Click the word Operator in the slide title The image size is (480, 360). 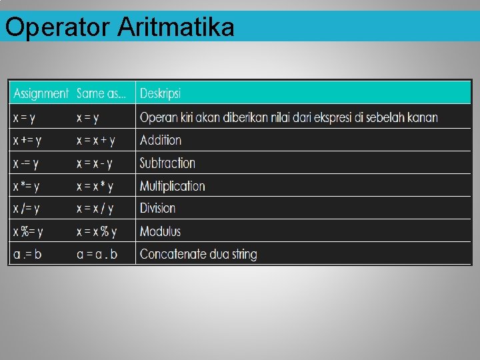click(x=59, y=28)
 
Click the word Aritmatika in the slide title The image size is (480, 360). click(x=177, y=28)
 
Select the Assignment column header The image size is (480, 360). click(x=41, y=93)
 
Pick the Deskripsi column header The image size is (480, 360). click(x=160, y=93)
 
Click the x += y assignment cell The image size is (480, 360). click(x=27, y=141)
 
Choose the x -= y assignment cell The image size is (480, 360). click(x=26, y=163)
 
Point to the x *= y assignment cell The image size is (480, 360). click(x=27, y=186)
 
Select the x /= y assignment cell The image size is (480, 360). click(x=27, y=209)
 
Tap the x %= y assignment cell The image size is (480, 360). click(x=28, y=232)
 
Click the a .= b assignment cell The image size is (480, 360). click(x=27, y=255)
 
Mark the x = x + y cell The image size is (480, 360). click(x=96, y=141)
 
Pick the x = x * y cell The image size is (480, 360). click(x=95, y=186)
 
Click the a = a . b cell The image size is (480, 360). click(x=97, y=255)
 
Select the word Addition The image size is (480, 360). click(x=161, y=141)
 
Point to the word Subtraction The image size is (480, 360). click(x=167, y=163)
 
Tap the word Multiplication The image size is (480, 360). click(x=172, y=186)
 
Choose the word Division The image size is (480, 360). click(x=158, y=209)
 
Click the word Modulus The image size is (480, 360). click(x=160, y=232)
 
